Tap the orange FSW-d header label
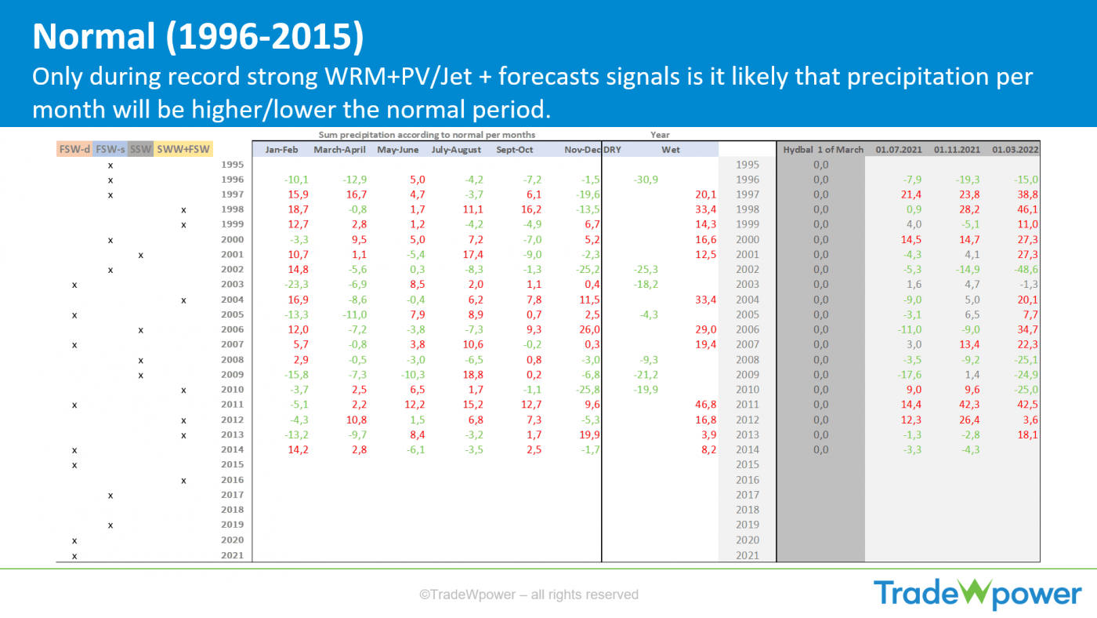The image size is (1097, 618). (74, 149)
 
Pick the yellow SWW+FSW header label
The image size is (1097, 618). (184, 149)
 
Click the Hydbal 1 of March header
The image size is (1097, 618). (824, 150)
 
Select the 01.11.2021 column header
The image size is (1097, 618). (956, 150)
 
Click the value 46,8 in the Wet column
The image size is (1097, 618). (705, 405)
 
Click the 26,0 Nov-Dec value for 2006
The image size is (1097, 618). (590, 330)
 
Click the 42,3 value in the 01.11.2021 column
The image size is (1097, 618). (968, 405)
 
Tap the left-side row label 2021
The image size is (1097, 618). (233, 555)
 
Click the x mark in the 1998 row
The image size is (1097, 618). (183, 210)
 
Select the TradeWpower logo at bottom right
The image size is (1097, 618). (977, 594)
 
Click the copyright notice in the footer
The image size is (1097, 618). (529, 594)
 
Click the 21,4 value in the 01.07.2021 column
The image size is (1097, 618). (909, 194)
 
